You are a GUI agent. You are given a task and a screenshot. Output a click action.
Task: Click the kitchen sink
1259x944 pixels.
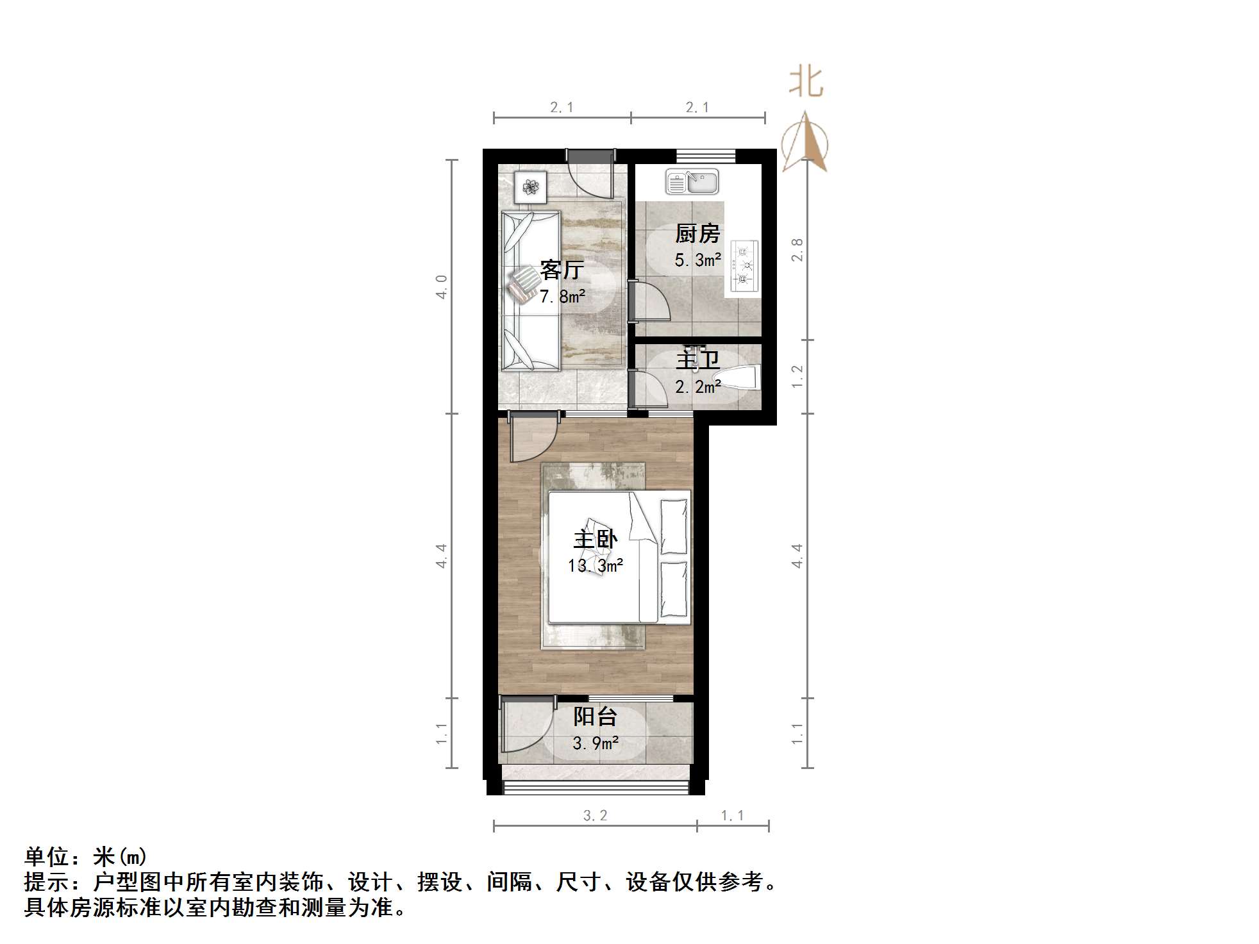(692, 182)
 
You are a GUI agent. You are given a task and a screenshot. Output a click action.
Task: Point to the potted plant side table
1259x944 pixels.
(530, 187)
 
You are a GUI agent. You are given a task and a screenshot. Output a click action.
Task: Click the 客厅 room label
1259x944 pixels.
(561, 270)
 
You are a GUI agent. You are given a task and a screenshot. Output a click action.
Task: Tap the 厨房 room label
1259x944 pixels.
(697, 233)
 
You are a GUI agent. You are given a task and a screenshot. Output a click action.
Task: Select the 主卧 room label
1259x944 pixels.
(595, 539)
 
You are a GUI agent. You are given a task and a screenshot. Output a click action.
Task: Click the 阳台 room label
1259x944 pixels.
(595, 716)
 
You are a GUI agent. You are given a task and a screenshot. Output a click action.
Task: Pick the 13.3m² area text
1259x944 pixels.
(595, 566)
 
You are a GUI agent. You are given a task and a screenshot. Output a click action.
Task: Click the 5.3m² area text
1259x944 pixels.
(697, 260)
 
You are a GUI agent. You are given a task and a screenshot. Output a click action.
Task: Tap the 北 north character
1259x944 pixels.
(806, 83)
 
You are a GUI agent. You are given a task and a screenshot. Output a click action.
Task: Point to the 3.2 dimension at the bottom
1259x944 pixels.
(595, 816)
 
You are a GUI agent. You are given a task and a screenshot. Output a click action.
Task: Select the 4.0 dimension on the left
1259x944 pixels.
(442, 286)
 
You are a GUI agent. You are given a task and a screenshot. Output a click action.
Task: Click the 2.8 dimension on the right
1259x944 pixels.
(797, 250)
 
